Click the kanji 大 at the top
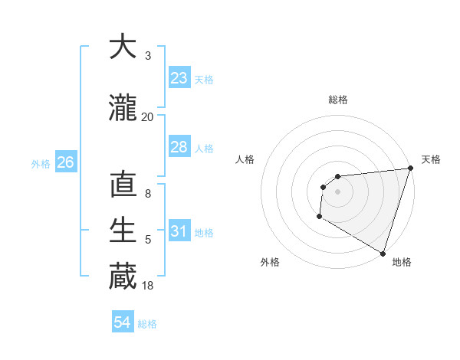pos(123,47)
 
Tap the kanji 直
pos(123,186)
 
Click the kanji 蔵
pos(123,277)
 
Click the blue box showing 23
pos(179,78)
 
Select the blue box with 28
pos(179,147)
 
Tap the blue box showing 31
pos(179,231)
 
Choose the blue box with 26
pos(65,162)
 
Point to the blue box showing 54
pos(123,322)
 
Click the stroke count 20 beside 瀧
pos(148,116)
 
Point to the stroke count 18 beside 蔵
pos(148,286)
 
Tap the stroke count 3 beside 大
pos(148,55)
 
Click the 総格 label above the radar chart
pos(338,100)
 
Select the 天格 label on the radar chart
pos(431,159)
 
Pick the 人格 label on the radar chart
pos(245,159)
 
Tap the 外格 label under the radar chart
pos(270,262)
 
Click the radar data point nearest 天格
pos(410,169)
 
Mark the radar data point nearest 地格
pos(383,253)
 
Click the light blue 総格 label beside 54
pos(147,324)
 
